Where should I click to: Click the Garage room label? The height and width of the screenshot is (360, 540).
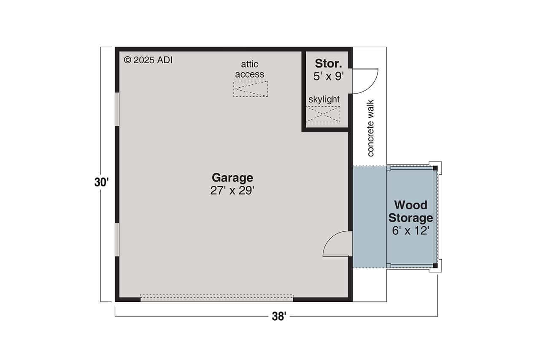(232, 177)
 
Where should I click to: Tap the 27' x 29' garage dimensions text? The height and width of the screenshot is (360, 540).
(232, 191)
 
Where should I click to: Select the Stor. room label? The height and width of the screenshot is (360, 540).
(328, 64)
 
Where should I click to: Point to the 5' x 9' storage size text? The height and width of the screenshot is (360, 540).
(328, 76)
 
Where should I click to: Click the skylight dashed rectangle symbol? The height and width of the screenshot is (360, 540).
(323, 114)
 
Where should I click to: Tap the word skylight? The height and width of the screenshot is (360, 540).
(324, 100)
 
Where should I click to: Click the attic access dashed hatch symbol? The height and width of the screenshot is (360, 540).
(251, 89)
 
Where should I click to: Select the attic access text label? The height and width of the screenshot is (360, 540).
(250, 69)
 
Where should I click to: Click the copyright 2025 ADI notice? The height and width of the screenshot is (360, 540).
(148, 60)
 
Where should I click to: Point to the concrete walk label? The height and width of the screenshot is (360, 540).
(371, 128)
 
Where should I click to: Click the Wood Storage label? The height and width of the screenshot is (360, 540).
(410, 211)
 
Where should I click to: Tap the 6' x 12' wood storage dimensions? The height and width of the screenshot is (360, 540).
(410, 231)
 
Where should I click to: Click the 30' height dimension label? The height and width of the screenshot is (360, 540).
(102, 182)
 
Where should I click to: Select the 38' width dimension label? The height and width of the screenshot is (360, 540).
(279, 317)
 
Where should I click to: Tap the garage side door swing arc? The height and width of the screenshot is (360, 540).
(336, 244)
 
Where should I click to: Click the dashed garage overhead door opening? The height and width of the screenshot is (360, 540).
(216, 298)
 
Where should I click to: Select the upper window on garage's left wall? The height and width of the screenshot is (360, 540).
(117, 109)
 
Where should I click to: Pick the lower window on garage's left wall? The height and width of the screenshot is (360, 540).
(117, 239)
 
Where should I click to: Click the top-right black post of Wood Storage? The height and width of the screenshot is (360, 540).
(435, 168)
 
